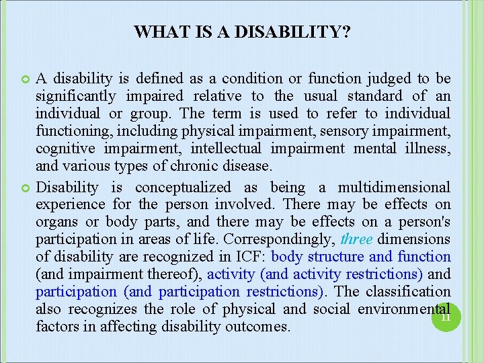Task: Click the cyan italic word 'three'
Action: pos(356,239)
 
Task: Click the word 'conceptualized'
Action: pos(182,188)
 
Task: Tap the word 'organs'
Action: pos(56,222)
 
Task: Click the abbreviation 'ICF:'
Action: pos(249,257)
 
